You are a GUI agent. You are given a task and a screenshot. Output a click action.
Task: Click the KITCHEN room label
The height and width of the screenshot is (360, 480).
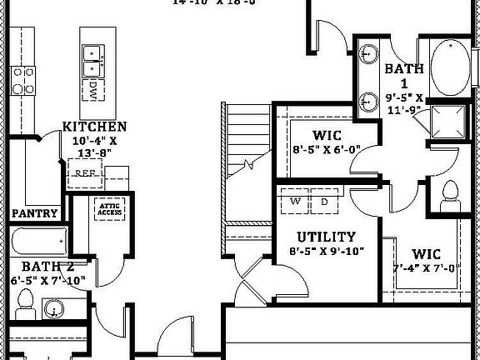click(x=95, y=127)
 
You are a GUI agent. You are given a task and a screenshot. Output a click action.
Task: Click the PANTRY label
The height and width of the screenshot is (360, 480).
click(x=35, y=213)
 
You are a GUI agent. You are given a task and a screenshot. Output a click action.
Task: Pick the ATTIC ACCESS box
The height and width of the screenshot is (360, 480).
click(x=110, y=209)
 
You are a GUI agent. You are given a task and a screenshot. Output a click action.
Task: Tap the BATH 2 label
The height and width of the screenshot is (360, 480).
click(x=42, y=267)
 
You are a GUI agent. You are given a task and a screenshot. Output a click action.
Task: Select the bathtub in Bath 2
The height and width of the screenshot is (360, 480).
click(x=38, y=243)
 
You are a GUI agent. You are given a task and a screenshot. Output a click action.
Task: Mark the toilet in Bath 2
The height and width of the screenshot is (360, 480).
click(x=23, y=311)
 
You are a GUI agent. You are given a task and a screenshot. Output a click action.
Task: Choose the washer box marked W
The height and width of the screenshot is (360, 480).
click(x=295, y=202)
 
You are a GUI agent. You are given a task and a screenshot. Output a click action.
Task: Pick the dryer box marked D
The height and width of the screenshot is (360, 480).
click(x=324, y=202)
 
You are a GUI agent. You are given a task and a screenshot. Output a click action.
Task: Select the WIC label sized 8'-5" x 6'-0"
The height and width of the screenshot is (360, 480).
click(x=326, y=135)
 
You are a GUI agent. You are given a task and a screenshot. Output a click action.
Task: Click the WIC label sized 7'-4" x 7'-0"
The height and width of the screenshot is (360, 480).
click(x=426, y=254)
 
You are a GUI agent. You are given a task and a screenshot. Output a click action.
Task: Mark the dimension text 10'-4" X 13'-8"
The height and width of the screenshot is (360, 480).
click(x=95, y=147)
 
